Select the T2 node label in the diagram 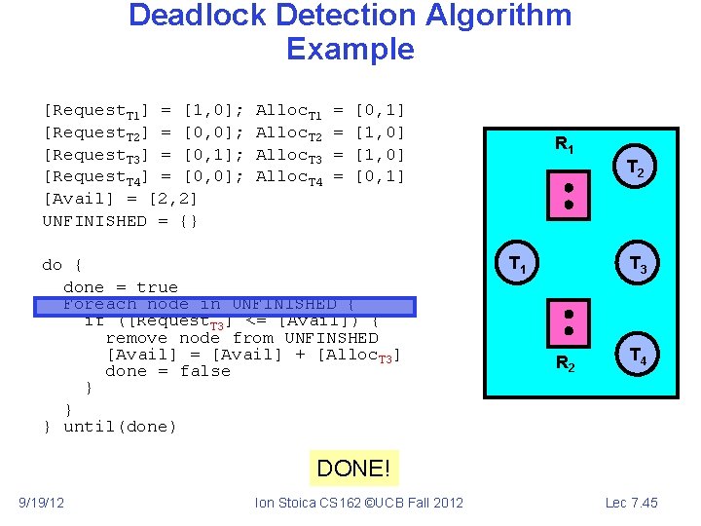(x=634, y=169)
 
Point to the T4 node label (x=639, y=357)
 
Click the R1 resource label (x=565, y=145)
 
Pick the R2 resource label (x=566, y=364)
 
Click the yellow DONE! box (x=352, y=470)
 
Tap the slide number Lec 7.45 (x=631, y=503)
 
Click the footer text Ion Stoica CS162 (x=358, y=503)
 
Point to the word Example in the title (x=350, y=50)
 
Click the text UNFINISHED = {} (x=121, y=221)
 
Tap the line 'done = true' (x=121, y=287)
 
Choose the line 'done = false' (x=167, y=371)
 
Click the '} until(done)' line (x=110, y=427)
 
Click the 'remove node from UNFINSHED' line (x=241, y=338)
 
